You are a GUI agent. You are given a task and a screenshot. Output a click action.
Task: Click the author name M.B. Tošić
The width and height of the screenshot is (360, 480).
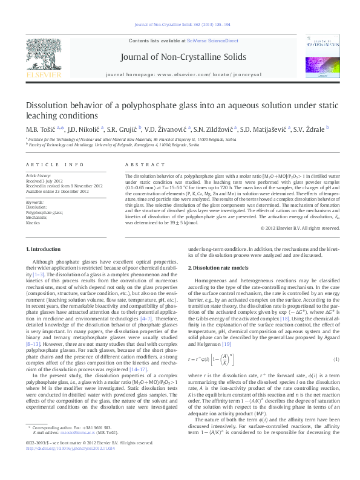[40, 128]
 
